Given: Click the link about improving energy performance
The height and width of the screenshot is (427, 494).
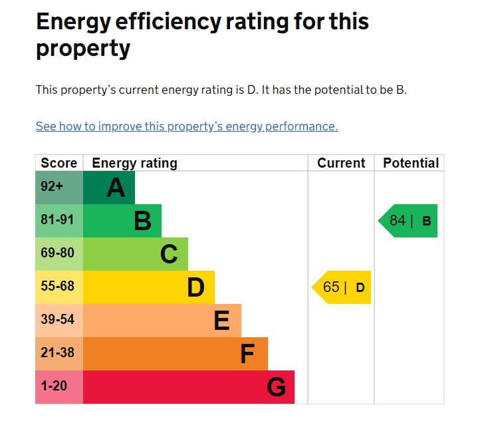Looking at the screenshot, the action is tap(187, 126).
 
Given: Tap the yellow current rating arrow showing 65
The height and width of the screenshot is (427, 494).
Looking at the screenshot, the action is tap(341, 287).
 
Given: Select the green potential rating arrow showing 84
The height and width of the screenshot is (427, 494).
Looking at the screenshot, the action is tap(408, 221).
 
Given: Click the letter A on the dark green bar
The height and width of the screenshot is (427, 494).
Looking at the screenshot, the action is tap(116, 188).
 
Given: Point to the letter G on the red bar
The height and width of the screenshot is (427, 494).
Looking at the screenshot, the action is tap(277, 387).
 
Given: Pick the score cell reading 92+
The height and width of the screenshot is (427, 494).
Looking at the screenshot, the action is tap(52, 186).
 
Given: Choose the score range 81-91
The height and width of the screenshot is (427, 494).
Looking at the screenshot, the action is tap(57, 219).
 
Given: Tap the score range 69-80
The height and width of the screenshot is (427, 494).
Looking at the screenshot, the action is tap(57, 253).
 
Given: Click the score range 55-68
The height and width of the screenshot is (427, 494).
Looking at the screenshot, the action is tap(57, 286).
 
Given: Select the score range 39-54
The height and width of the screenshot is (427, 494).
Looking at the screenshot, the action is tap(57, 319).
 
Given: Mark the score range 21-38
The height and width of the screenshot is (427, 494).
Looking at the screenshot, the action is tap(57, 353).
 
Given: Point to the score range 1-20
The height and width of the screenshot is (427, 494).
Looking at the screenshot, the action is tap(54, 386).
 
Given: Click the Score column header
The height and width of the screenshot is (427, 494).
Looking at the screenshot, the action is tap(59, 163).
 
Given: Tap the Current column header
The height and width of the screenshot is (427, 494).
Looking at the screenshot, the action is tap(341, 163).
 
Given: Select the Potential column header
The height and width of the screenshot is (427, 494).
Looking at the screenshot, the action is tap(411, 163).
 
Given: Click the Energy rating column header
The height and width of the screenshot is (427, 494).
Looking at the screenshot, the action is tap(135, 164).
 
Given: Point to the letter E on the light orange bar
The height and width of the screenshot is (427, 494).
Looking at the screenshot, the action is tap(222, 321).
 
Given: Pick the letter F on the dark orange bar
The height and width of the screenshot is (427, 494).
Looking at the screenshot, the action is tap(247, 354).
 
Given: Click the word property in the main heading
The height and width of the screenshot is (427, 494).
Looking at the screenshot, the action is tap(83, 49).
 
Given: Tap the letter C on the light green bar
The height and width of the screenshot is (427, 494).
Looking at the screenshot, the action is tap(169, 254).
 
